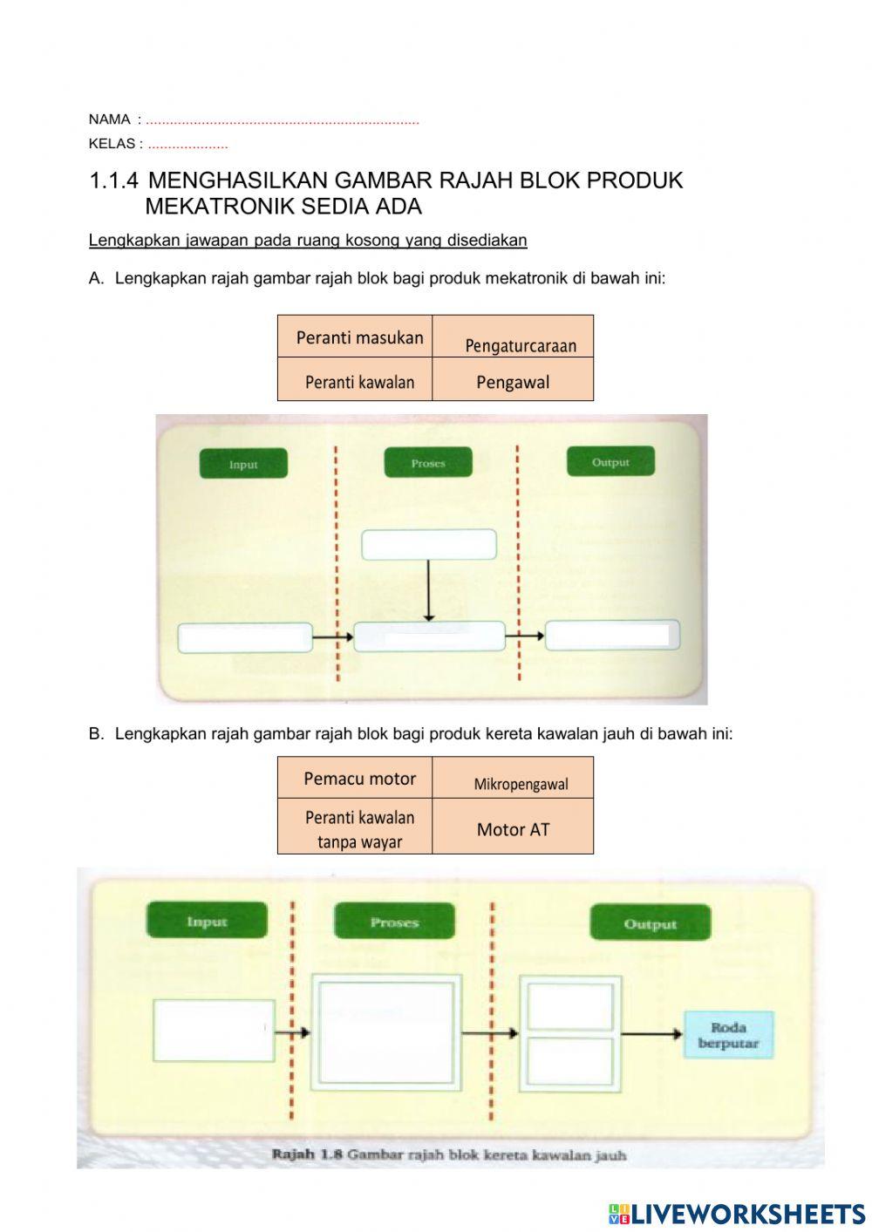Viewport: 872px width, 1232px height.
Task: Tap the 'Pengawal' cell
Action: [x=513, y=381]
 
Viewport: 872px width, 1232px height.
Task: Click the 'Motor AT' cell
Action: [x=513, y=828]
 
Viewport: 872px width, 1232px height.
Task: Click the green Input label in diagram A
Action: [x=243, y=464]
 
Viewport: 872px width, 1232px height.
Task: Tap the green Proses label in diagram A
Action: [x=427, y=462]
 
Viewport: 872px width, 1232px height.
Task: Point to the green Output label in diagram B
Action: [x=650, y=923]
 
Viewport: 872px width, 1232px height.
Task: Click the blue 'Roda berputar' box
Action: [x=728, y=1035]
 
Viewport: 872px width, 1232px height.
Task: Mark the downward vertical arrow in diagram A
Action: [x=428, y=590]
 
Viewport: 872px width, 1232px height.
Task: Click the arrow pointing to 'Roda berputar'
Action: [x=651, y=1034]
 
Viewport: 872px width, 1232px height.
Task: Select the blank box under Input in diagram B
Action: [x=214, y=1030]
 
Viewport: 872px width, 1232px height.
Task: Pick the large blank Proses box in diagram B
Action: [x=387, y=1032]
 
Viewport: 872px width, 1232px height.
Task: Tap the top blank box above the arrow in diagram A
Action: [x=429, y=544]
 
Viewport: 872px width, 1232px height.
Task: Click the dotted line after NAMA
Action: [x=282, y=121]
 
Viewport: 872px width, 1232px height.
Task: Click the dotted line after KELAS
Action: [x=187, y=146]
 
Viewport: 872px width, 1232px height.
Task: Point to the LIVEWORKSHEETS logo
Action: [x=737, y=1213]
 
